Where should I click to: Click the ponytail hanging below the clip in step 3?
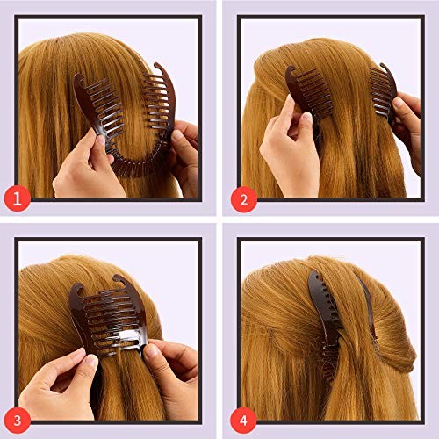tap(114, 399)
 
